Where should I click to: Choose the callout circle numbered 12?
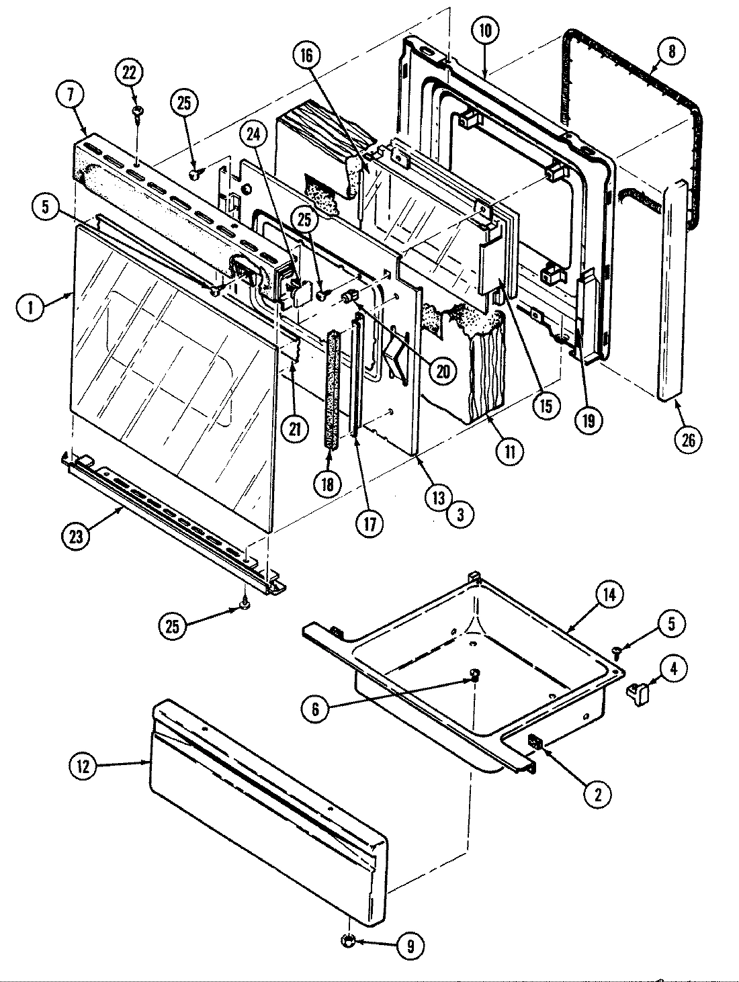[x=83, y=767]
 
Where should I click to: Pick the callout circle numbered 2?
[x=597, y=795]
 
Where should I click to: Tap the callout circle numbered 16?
[x=308, y=56]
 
